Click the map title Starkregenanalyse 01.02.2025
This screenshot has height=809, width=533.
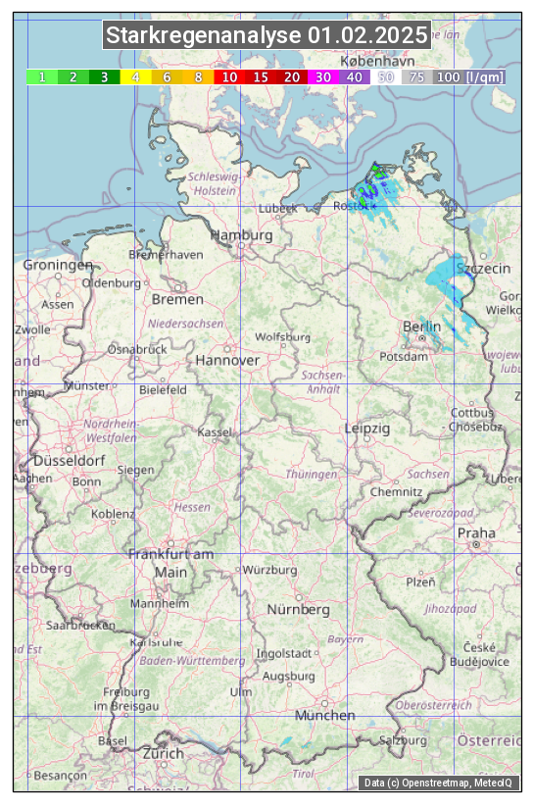(266, 36)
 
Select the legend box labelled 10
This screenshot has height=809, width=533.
(228, 76)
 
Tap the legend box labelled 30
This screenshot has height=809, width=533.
(322, 76)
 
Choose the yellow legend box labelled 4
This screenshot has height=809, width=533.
(135, 76)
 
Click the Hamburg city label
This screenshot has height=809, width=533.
(241, 235)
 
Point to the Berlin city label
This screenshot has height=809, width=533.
(422, 326)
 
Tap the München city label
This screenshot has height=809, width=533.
(324, 715)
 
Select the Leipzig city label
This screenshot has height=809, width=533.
(367, 429)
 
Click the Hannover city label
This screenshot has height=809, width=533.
(227, 360)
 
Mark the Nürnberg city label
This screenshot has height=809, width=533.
(299, 609)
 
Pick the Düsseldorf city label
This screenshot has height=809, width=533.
(70, 460)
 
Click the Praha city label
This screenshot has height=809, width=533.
(476, 532)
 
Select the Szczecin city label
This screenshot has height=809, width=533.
(484, 268)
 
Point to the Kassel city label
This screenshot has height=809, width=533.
(215, 431)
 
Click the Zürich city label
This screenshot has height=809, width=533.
(163, 753)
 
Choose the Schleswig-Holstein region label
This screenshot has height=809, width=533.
(201, 183)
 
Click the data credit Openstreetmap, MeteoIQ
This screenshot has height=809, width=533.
(438, 783)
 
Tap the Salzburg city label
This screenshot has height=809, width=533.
(404, 739)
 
